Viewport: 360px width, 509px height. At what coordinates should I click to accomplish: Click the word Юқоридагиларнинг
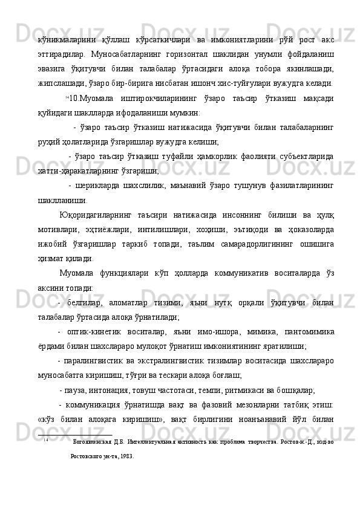coord(99,215)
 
